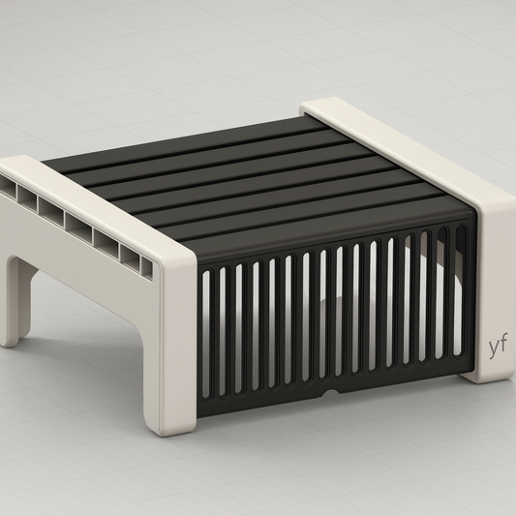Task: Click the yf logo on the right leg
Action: click(497, 345)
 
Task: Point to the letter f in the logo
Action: click(503, 343)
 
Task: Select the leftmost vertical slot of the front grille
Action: click(207, 334)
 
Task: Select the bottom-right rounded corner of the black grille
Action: click(469, 368)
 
